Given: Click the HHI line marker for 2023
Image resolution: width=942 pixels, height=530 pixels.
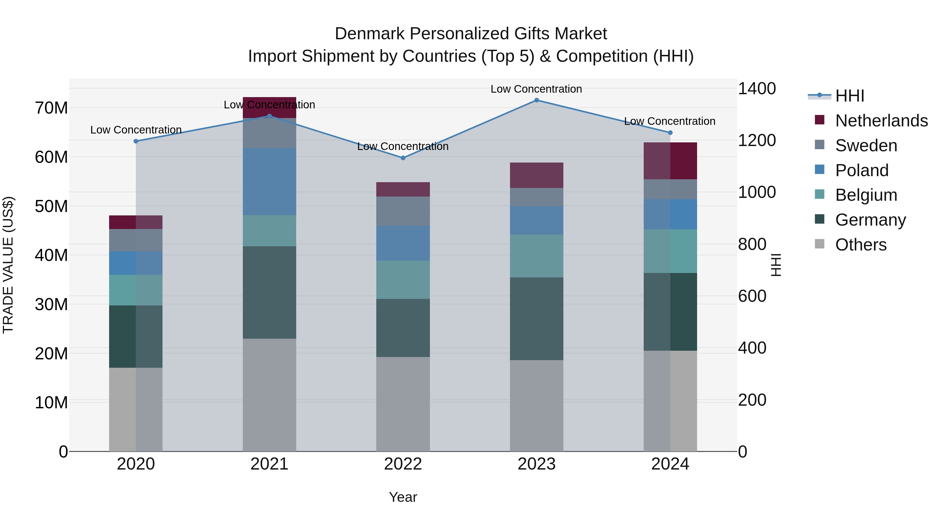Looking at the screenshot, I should pos(536,100).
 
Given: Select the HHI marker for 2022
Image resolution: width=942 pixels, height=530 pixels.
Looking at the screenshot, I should pos(403,158).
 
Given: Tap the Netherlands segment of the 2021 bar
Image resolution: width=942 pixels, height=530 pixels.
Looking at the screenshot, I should pos(270,108).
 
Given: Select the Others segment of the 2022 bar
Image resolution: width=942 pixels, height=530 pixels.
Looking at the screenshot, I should pos(403,404).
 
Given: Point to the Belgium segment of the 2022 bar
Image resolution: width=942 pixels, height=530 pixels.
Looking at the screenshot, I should pos(403,280).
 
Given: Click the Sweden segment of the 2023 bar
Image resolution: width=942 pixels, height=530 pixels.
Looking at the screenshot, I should pos(536,197).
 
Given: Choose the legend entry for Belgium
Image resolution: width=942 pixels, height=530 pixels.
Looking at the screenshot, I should pos(866,195).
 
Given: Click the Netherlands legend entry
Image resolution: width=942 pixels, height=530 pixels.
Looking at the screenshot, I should pos(881,121).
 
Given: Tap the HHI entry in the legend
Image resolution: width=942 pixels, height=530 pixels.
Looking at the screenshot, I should pos(849,96).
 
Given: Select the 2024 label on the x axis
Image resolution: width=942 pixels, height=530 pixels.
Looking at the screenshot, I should pos(670,464).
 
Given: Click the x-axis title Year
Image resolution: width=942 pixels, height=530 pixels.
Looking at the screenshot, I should pos(403,497).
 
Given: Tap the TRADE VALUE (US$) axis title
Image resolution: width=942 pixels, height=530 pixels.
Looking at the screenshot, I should pos(8,265).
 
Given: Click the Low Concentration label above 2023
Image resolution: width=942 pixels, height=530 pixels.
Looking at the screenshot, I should pos(536,89).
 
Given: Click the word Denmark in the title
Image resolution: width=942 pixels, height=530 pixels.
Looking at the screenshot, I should pos(369,34).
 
